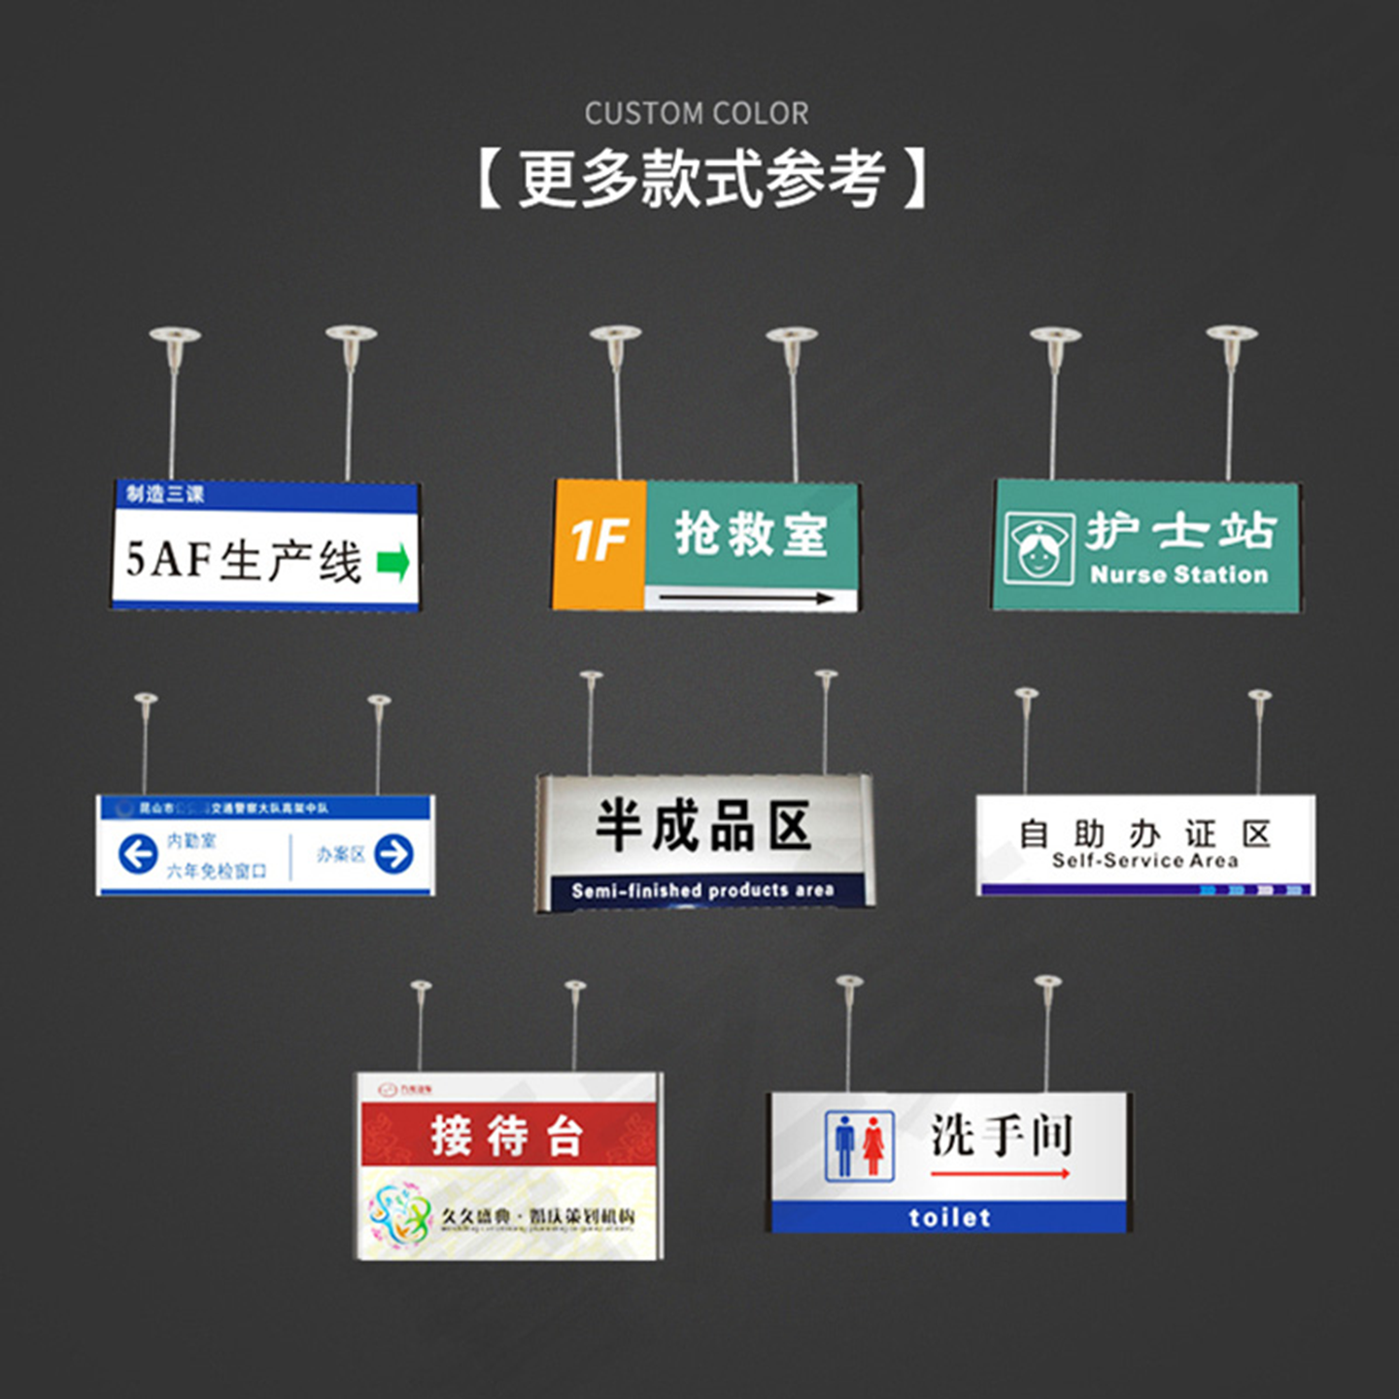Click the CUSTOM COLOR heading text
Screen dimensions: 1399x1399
696,114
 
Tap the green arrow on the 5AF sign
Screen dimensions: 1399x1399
392,563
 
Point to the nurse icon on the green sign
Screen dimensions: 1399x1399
1038,547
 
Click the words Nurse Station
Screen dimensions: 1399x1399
1178,575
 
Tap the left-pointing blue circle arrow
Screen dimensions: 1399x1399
138,854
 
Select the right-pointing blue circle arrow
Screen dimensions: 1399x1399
393,854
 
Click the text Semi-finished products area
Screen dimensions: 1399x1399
702,890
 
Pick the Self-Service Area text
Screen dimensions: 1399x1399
1144,861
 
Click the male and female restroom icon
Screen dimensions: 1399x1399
859,1146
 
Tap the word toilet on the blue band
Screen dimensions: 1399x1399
949,1217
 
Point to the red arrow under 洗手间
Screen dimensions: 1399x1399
1000,1175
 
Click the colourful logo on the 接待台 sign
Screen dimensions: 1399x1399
399,1214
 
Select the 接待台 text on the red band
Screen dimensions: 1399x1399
507,1135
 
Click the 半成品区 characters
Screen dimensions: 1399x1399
703,827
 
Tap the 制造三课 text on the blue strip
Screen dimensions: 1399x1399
165,495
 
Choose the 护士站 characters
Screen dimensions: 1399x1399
1179,530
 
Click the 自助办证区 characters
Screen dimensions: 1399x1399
1144,833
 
